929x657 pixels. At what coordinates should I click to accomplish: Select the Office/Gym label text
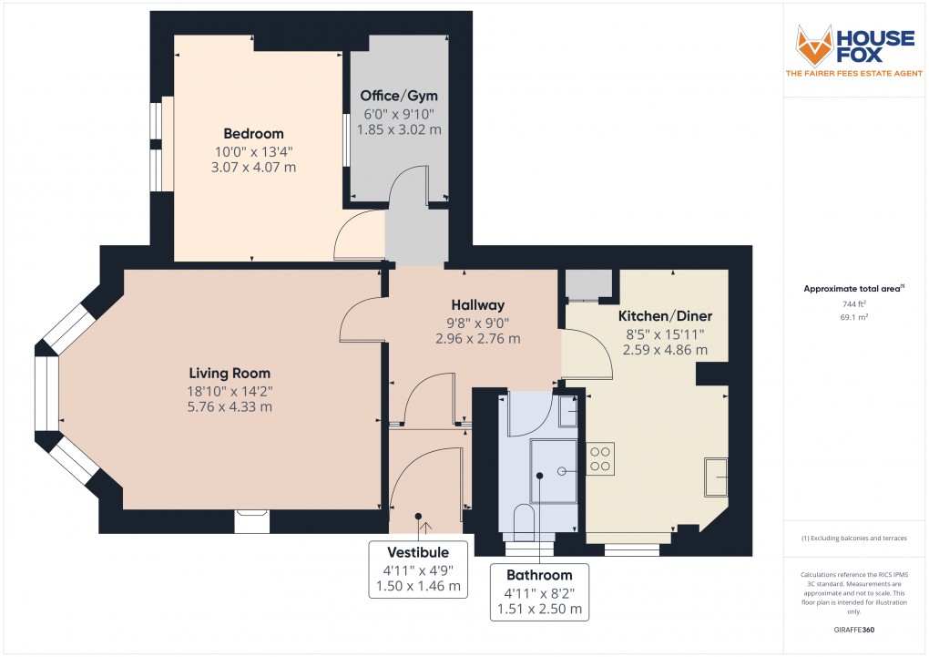point(398,96)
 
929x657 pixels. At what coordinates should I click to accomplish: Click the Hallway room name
point(477,304)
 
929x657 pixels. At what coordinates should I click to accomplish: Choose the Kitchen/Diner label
point(665,315)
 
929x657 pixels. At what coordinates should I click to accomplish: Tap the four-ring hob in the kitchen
point(601,457)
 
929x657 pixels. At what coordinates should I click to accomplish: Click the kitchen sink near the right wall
point(715,477)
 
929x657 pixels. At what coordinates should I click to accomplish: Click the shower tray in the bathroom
point(554,471)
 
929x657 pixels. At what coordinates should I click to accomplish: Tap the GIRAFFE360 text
point(853,629)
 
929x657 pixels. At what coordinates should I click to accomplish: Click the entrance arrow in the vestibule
point(427,527)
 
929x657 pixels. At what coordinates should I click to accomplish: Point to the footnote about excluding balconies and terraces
point(853,539)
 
